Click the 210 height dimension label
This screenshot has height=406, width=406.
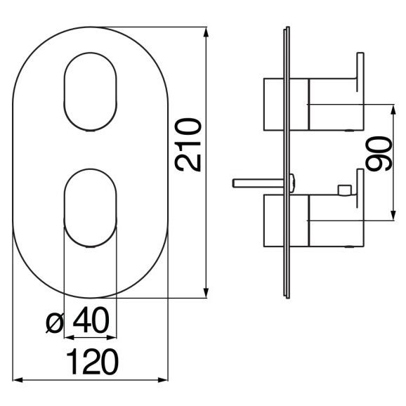click(x=188, y=145)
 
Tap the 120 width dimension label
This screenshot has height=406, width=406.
click(x=92, y=362)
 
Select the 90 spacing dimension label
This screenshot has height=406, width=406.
click(x=379, y=154)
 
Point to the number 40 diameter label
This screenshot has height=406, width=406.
click(x=91, y=320)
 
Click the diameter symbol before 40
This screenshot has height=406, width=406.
click(x=54, y=322)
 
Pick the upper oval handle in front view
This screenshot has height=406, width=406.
click(x=91, y=91)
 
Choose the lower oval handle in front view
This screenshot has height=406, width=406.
click(x=91, y=208)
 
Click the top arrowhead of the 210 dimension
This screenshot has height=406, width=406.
click(x=206, y=33)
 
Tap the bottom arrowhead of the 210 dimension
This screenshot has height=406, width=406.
click(x=206, y=292)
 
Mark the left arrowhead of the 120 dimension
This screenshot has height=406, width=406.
click(x=19, y=380)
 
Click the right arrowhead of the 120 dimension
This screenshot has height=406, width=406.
click(x=162, y=380)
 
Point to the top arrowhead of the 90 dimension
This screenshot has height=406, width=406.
click(x=393, y=110)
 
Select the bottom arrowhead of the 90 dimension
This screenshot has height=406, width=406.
click(x=393, y=215)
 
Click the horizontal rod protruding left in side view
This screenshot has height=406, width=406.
click(x=258, y=183)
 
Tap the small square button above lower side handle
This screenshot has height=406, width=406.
click(x=345, y=190)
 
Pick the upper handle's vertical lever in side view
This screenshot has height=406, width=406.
click(x=360, y=72)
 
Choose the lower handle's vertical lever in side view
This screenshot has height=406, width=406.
click(x=360, y=188)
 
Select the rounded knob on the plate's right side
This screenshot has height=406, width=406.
click(x=292, y=183)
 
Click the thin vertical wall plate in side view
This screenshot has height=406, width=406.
click(x=287, y=162)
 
